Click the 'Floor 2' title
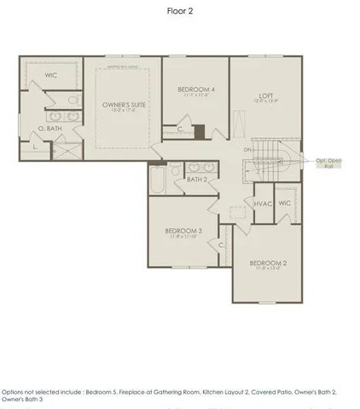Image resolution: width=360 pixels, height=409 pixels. coord(179,12)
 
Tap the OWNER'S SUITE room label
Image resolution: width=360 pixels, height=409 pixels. coord(119,106)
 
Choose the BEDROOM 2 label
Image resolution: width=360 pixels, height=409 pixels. coord(266,263)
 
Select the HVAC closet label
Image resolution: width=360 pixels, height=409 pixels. coord(263,204)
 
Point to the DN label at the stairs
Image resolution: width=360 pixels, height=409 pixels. coord(247,150)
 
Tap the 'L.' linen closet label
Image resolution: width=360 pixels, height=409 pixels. coord(33,147)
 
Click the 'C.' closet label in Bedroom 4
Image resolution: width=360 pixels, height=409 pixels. coord(179,129)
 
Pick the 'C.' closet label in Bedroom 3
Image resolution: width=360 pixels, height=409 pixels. coord(221,245)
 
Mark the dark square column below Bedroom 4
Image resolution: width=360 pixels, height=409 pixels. coord(199,131)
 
